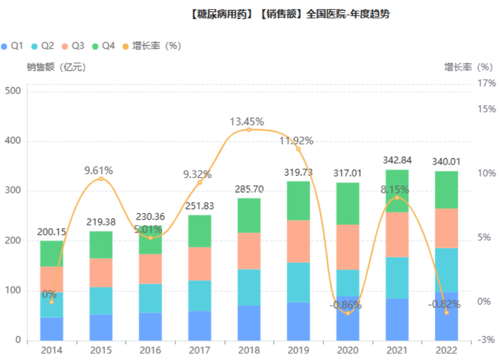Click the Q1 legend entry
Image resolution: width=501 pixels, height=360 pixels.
(12, 46)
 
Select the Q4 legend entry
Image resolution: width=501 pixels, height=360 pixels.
(103, 46)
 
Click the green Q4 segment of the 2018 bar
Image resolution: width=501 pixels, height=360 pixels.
(249, 215)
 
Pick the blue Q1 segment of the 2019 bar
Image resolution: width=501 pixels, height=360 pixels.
(298, 321)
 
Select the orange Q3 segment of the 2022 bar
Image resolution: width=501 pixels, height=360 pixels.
(446, 228)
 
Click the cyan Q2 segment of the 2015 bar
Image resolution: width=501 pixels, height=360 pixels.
(101, 301)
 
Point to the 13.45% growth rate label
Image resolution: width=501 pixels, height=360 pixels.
(246, 122)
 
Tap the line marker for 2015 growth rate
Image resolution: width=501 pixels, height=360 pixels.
(101, 179)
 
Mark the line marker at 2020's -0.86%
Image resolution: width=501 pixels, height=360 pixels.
(348, 313)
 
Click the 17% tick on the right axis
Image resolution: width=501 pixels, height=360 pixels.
(486, 83)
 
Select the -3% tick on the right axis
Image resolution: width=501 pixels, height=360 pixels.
(486, 340)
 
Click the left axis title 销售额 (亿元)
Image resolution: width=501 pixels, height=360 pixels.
(56, 67)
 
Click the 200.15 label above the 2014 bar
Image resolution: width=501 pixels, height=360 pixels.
(51, 232)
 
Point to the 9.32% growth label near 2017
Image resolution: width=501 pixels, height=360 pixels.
(197, 174)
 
